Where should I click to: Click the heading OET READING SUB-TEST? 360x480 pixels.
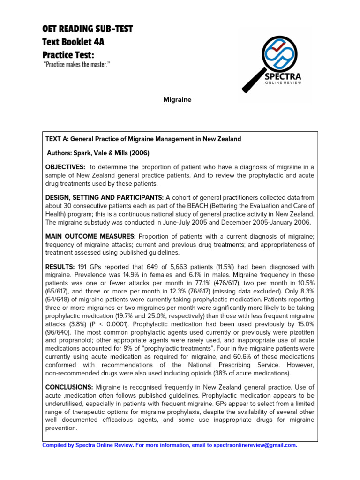(88, 29)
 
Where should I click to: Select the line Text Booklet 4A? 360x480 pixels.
(73, 42)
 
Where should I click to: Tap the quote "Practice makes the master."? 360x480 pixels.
(76, 63)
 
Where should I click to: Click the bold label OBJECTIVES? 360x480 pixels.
(65, 167)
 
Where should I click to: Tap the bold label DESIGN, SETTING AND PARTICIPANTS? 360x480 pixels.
(105, 197)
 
